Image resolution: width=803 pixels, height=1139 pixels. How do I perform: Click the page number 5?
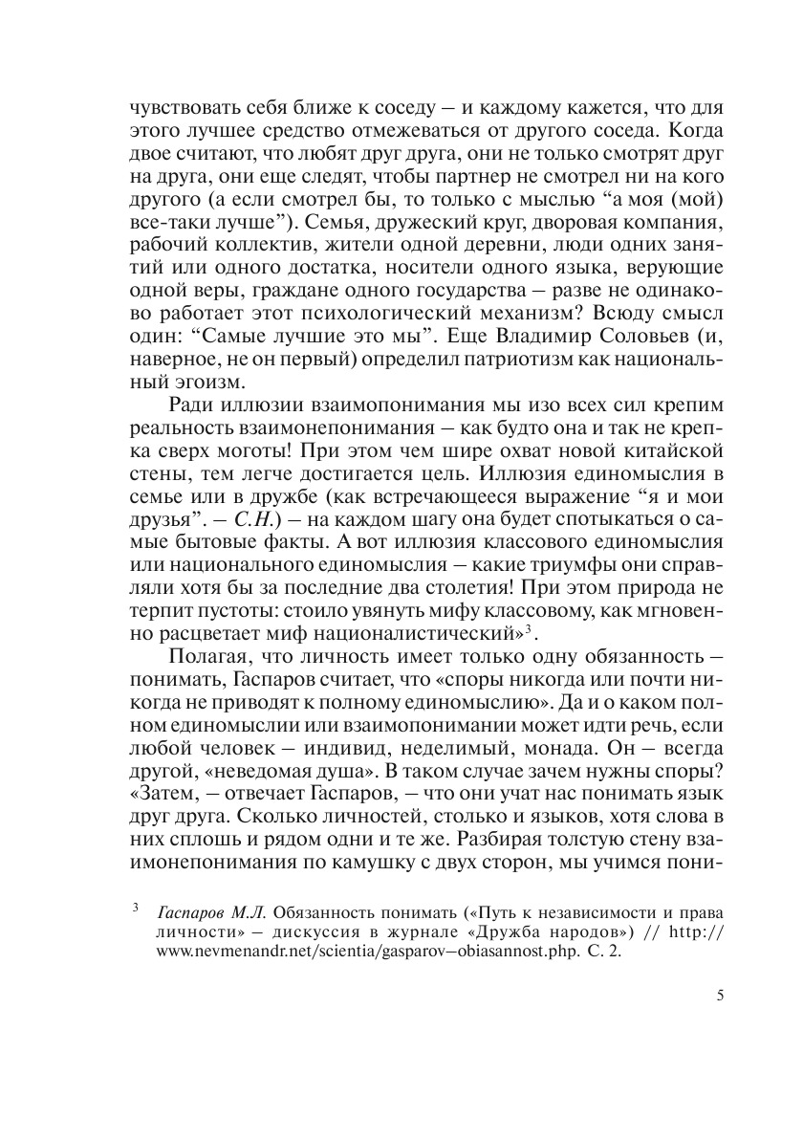point(719,996)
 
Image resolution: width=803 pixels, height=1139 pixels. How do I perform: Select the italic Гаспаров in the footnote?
point(192,909)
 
